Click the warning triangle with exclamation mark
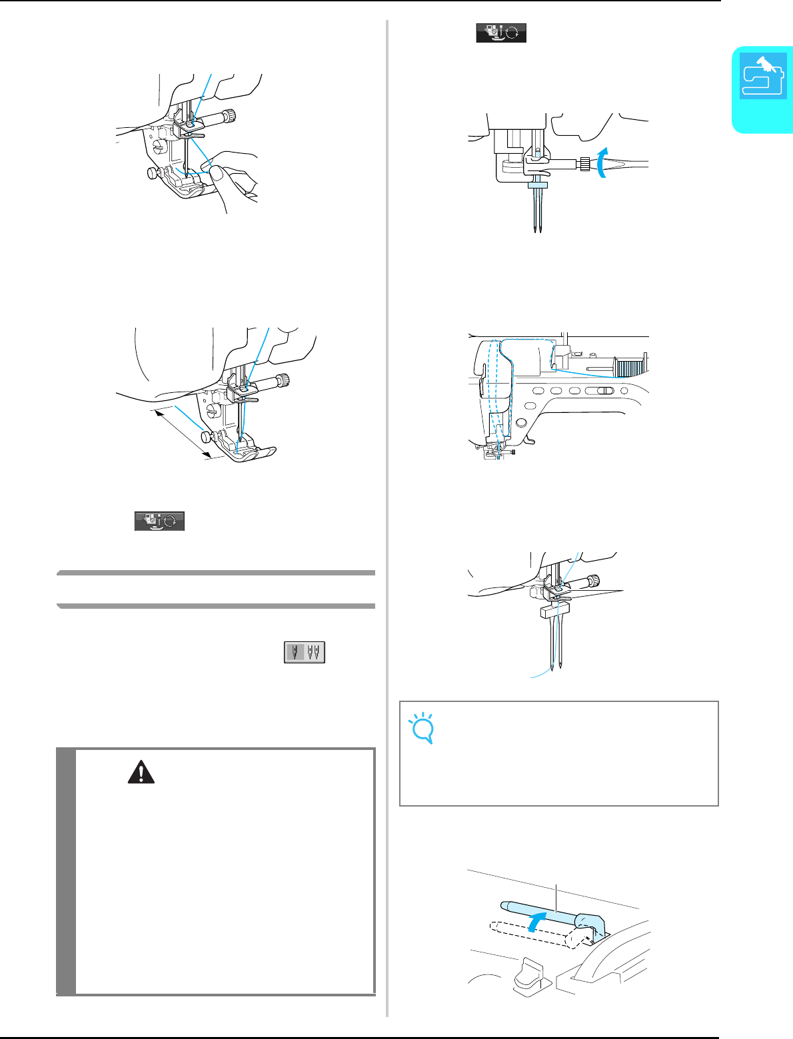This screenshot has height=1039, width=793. click(140, 772)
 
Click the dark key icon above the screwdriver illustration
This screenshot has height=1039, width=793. click(501, 33)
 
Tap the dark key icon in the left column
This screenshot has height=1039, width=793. click(159, 521)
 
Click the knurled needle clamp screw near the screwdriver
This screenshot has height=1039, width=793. click(585, 163)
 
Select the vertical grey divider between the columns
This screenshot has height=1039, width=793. click(387, 519)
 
